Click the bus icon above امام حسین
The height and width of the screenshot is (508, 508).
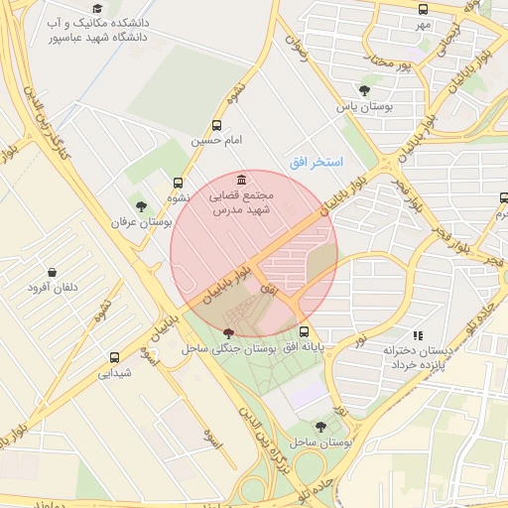[217, 126]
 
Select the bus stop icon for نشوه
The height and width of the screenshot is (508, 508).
[178, 183]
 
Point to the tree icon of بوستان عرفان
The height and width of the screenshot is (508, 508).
[141, 206]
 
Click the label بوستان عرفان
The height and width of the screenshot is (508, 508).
[141, 223]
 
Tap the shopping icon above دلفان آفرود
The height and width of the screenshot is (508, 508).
[51, 272]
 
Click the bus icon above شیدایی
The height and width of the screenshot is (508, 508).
[114, 357]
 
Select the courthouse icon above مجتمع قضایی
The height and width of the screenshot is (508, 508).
[243, 181]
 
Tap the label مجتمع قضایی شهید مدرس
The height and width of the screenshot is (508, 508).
[245, 203]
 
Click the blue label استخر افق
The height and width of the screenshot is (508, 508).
[316, 161]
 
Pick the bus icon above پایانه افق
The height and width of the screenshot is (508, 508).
[304, 332]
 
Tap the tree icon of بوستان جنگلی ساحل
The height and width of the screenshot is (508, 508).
[229, 333]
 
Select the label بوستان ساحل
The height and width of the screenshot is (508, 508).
[316, 441]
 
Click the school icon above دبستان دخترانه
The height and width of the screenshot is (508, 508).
[418, 335]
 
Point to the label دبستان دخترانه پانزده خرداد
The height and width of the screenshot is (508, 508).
[417, 358]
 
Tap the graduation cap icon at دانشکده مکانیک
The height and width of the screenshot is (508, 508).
[97, 8]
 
